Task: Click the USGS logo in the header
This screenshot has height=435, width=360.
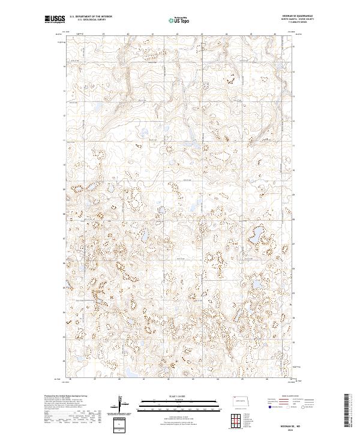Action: (55, 20)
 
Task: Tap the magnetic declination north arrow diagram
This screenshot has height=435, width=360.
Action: (126, 406)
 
